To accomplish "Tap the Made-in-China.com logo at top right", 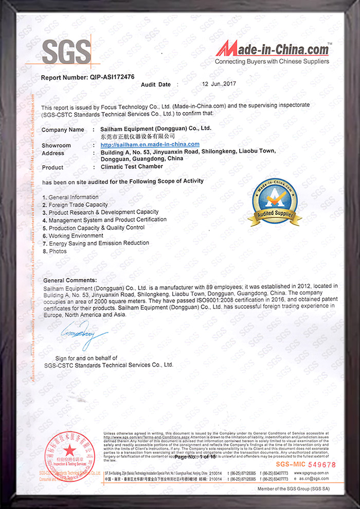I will pyautogui.click(x=272, y=50).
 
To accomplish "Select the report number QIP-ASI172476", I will pyautogui.click(x=112, y=77).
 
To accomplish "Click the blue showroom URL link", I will pyautogui.click(x=150, y=145).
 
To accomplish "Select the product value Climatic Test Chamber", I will pyautogui.click(x=132, y=167).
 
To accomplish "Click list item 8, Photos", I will pyautogui.click(x=61, y=250).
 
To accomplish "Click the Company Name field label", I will pyautogui.click(x=63, y=130).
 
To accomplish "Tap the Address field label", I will pyautogui.click(x=52, y=153).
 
